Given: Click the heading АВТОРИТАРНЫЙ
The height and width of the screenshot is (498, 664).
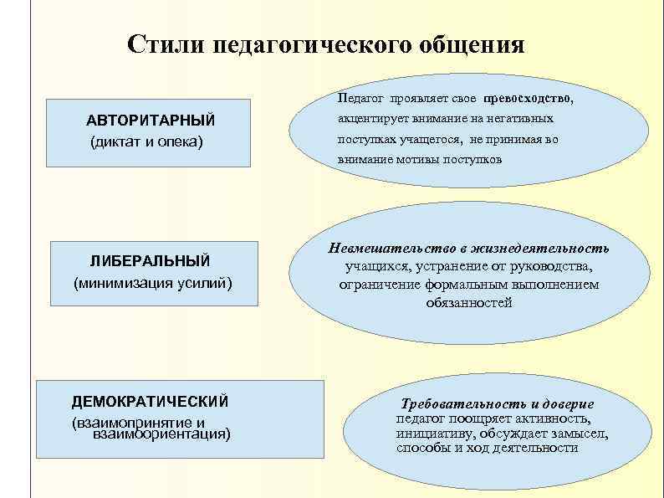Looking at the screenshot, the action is click(151, 118).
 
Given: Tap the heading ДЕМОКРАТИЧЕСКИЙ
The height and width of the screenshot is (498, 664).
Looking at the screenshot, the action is click(150, 401).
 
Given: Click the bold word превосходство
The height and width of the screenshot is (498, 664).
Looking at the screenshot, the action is click(528, 98).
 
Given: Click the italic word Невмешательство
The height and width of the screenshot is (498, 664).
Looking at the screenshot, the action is click(386, 249).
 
